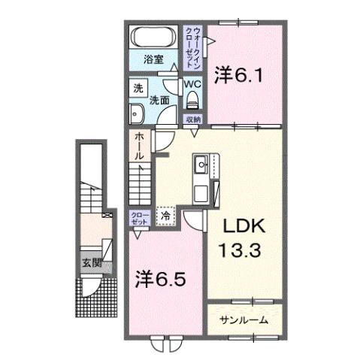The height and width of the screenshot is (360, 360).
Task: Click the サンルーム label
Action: [x=244, y=319]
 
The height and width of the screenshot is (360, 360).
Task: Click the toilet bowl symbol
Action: [x=192, y=102]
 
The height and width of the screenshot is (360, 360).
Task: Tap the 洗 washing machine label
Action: [x=138, y=88]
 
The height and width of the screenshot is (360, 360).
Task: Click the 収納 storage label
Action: [x=193, y=119]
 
